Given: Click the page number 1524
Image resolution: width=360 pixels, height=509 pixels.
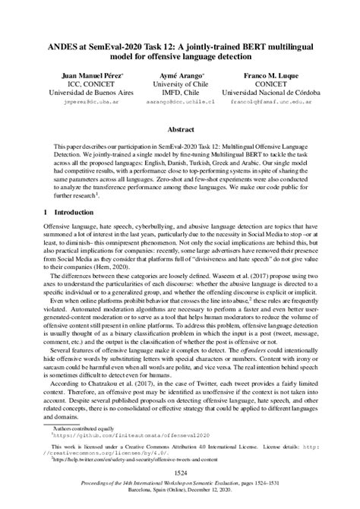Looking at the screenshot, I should pyautogui.click(x=180, y=474).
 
